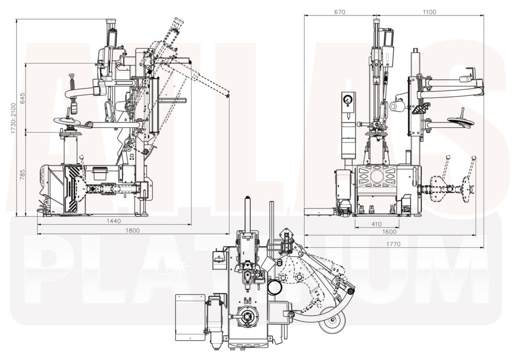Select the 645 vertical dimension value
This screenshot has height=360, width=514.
22,98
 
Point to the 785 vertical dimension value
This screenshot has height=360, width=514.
22,174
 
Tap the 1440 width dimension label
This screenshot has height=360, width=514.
114,221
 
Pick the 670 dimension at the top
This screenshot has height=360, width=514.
339,12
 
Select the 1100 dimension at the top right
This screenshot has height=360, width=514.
429,12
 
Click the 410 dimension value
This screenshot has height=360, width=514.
376,224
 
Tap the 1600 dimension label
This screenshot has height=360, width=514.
389,232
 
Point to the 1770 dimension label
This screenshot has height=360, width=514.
393,244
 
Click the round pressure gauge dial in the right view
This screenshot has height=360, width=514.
347,100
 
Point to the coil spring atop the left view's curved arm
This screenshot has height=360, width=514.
71,82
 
